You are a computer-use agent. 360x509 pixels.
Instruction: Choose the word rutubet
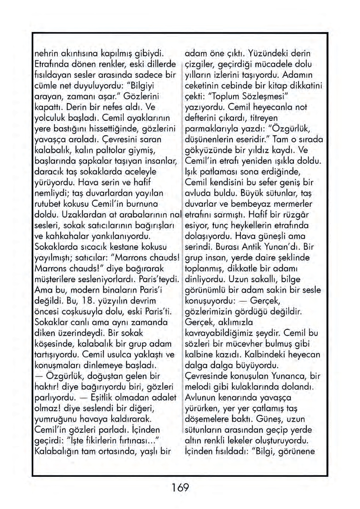(46, 204)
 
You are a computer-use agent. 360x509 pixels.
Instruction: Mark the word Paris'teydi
(158, 279)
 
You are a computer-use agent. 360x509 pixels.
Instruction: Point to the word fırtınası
(136, 441)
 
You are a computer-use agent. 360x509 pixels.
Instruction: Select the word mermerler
(294, 204)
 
